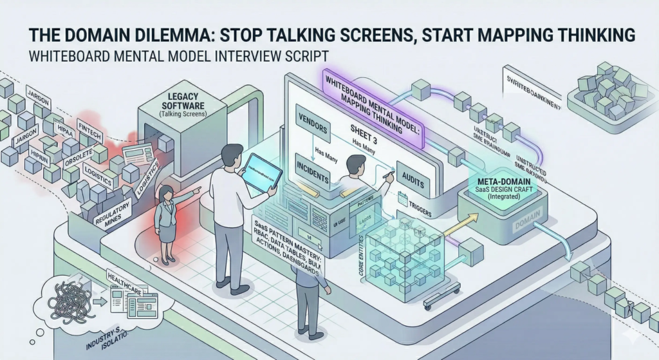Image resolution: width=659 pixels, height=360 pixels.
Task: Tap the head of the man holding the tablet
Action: pyautogui.click(x=230, y=155)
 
